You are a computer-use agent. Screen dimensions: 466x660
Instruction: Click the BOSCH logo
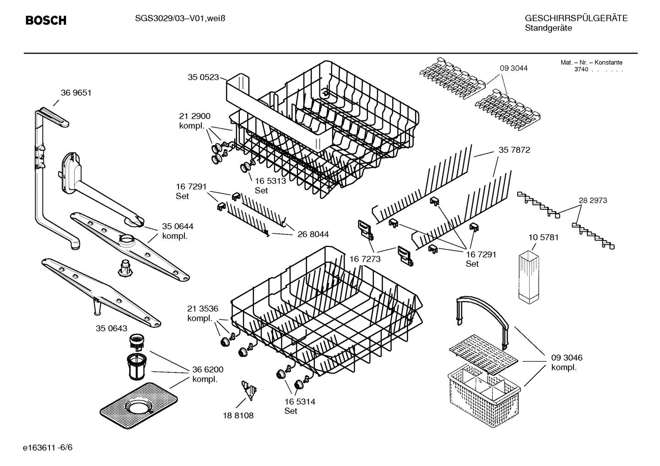coord(46,20)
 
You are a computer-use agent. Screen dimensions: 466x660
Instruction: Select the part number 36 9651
coord(76,93)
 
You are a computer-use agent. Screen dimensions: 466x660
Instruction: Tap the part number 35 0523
coord(203,77)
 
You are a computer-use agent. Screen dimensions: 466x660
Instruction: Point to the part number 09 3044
coord(514,68)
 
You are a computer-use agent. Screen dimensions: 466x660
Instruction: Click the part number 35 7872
coord(514,150)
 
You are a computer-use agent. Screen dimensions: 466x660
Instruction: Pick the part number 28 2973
coord(593,200)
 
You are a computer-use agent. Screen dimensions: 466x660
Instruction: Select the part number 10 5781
coord(543,237)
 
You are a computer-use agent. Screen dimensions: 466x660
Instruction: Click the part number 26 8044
coord(313,234)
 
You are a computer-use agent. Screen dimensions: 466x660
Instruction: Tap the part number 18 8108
coord(238,415)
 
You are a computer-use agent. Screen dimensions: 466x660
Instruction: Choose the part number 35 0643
coord(112,328)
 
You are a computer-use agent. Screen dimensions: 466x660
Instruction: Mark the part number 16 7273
coord(365,259)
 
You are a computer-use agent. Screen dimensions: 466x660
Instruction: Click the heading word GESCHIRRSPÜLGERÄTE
coord(576,18)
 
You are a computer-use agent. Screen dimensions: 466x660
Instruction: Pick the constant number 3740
coord(581,70)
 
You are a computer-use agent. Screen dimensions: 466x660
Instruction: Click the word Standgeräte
coord(548,28)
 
